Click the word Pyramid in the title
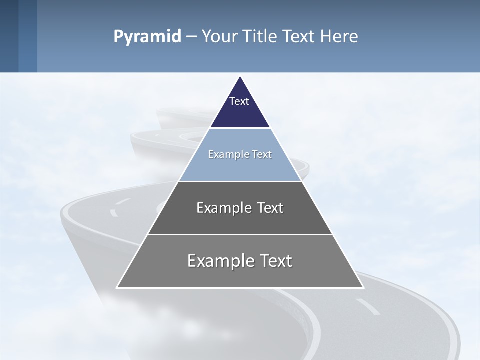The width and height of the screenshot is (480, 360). pos(147,37)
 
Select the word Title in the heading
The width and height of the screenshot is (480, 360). pos(259,37)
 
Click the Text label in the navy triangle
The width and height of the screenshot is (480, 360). pos(239,102)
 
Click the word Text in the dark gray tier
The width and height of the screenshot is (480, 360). pos(270,208)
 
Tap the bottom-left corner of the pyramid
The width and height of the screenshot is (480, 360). pos(117,287)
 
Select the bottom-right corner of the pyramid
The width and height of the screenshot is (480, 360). pos(363,287)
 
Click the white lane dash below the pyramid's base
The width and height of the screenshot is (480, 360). pos(367,307)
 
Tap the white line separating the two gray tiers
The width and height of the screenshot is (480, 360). pos(240,234)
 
